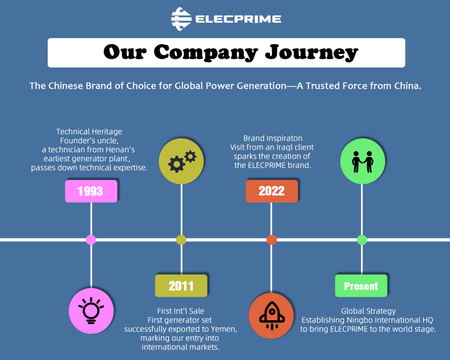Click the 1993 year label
(x=91, y=191)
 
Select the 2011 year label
(x=181, y=286)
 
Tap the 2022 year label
(x=271, y=191)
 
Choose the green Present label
(x=361, y=286)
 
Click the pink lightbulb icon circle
(x=91, y=310)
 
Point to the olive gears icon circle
(x=181, y=162)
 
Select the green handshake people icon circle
(x=362, y=162)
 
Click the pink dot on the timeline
(x=91, y=239)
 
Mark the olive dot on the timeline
(x=181, y=239)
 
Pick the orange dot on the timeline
(x=271, y=239)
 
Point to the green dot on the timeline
(x=362, y=239)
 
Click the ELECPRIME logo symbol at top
(x=181, y=19)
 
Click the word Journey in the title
(x=311, y=53)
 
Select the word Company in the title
(x=206, y=53)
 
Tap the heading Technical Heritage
(x=89, y=131)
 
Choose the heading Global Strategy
(x=368, y=311)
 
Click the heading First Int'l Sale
(x=180, y=311)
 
